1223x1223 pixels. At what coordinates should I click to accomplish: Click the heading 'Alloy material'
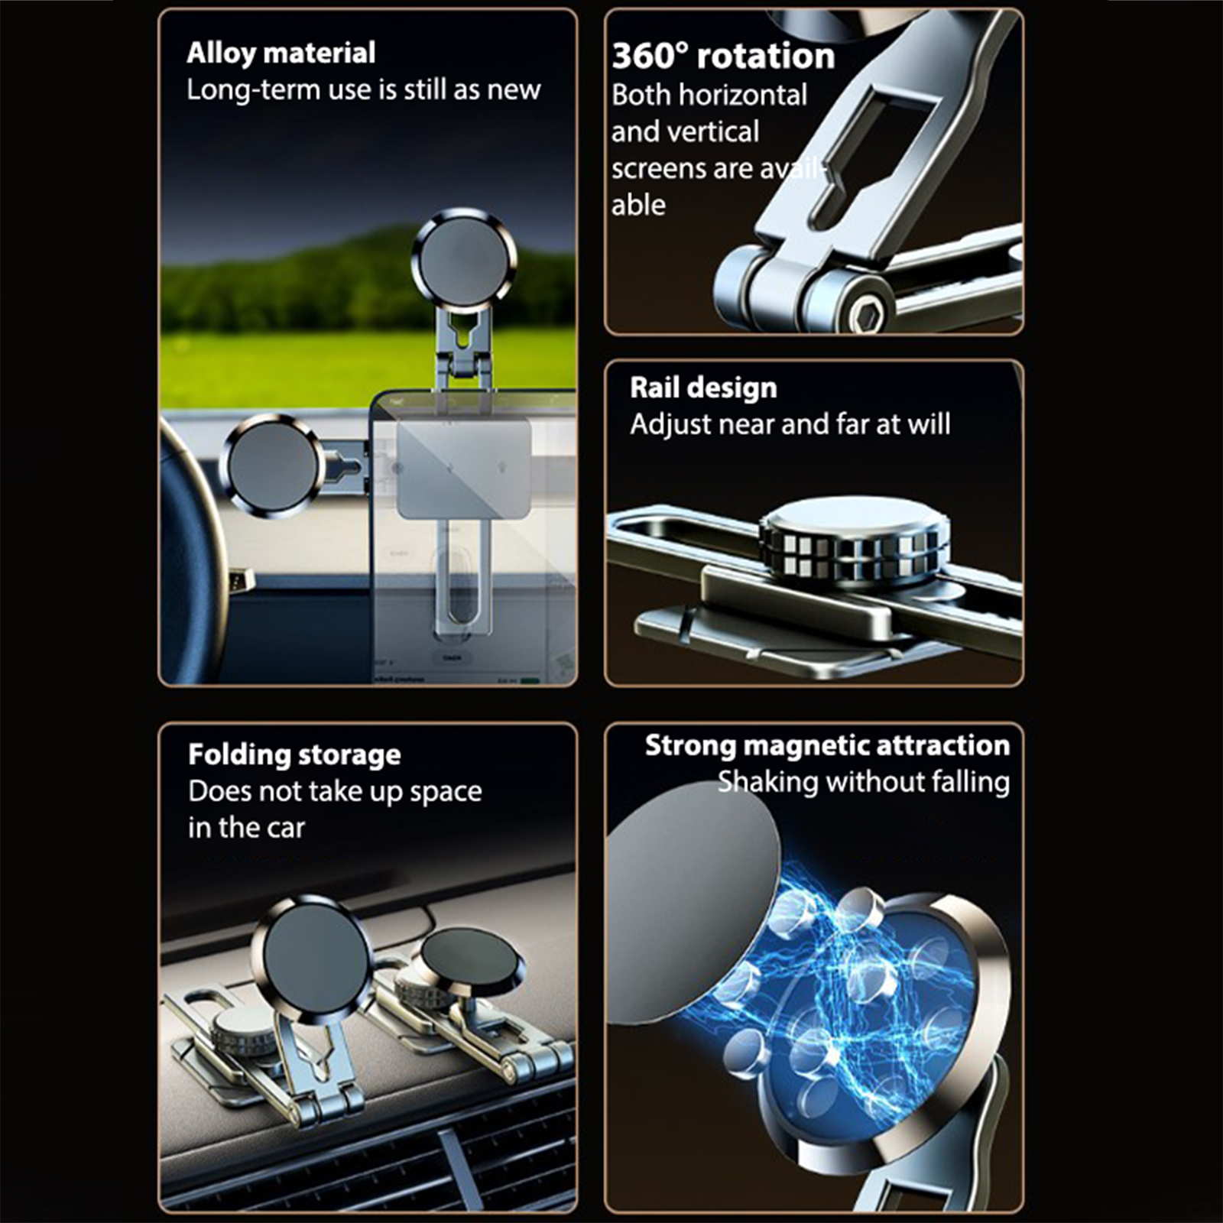tap(281, 54)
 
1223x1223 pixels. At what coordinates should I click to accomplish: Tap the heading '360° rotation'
tap(723, 57)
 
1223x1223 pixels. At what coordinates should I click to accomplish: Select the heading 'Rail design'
tap(703, 388)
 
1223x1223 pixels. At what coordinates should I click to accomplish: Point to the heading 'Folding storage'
tap(294, 755)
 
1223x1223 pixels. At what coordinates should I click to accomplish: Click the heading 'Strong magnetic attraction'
tap(827, 745)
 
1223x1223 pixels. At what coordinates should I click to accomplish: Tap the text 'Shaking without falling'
tap(864, 782)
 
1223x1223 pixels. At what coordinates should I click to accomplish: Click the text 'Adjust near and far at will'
tap(790, 424)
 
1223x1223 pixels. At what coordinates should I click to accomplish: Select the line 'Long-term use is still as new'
tap(364, 90)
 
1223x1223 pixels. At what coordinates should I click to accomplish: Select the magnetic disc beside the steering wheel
tap(273, 466)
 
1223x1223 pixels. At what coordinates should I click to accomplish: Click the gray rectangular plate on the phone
tap(463, 469)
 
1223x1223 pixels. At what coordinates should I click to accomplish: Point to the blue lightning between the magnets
tap(833, 986)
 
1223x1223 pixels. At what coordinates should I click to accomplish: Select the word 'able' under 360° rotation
tap(638, 205)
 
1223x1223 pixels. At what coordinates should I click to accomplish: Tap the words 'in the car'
tap(246, 828)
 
